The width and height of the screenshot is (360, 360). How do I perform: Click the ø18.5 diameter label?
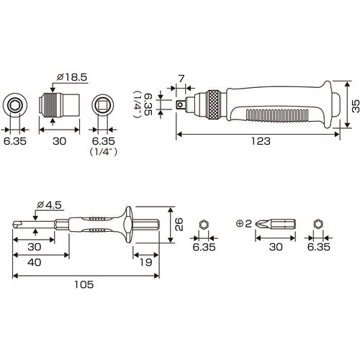[x=72, y=77]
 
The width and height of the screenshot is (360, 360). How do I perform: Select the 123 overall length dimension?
[x=261, y=141]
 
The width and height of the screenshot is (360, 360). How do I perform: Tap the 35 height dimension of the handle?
[x=355, y=106]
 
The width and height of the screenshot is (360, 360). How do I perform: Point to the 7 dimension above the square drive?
[x=181, y=78]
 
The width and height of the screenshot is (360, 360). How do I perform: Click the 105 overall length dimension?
[x=84, y=284]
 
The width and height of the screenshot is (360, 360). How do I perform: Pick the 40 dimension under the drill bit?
[x=34, y=262]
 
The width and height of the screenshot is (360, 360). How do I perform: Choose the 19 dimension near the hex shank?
[x=145, y=262]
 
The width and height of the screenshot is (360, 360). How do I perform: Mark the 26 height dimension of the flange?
[x=179, y=225]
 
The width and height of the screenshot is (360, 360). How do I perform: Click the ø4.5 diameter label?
[x=50, y=205]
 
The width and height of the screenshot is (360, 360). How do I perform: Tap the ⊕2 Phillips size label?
[x=244, y=224]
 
